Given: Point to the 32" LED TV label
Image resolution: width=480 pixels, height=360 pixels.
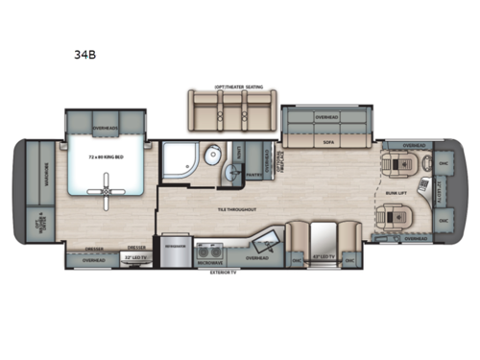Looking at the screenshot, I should click(134, 257).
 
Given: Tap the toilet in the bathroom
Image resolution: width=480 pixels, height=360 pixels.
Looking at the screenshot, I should click(215, 159).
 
